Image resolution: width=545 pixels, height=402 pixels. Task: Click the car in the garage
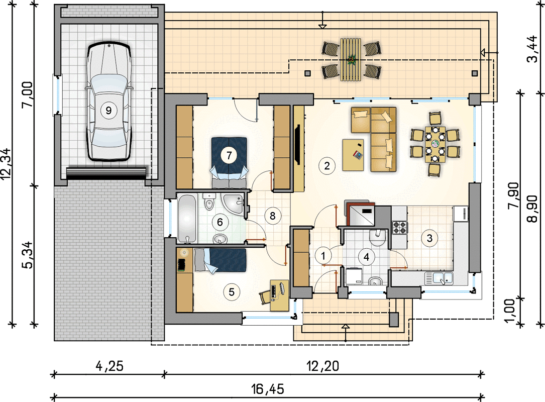[x=109, y=102]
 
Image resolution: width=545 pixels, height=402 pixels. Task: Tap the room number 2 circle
[x=326, y=166]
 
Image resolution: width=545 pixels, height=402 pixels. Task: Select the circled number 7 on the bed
[x=229, y=155]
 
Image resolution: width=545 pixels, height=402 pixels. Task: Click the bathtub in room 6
[x=187, y=219]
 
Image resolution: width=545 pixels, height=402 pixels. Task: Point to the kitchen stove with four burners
[x=399, y=227]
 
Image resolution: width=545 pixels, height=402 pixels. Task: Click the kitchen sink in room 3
[x=439, y=278]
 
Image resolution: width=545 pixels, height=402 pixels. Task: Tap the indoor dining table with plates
[x=435, y=144]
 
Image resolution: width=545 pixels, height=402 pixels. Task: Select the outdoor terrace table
[x=352, y=60]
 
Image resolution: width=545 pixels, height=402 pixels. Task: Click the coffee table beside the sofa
[x=353, y=155]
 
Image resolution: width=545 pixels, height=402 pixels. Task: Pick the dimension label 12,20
[x=322, y=365]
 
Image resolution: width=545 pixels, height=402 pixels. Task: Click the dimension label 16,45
[x=268, y=389]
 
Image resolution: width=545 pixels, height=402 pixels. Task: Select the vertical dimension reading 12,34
[x=7, y=164]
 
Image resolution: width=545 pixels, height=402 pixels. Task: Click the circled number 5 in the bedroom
[x=232, y=291]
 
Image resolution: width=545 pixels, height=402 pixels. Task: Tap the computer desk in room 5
[x=280, y=295]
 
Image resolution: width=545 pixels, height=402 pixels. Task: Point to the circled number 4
[x=366, y=257]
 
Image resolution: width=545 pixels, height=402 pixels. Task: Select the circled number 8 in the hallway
[x=272, y=216]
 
